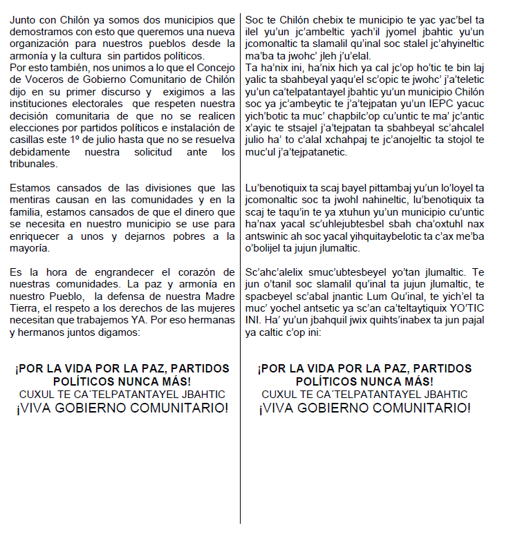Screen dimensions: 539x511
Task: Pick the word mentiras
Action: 30,198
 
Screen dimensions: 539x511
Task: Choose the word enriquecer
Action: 38,236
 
